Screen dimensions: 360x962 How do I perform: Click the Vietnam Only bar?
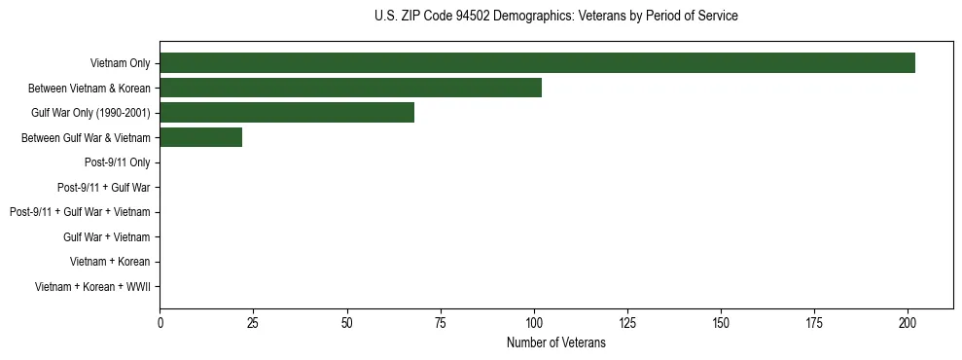point(537,63)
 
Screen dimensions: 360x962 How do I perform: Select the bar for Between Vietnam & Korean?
point(350,88)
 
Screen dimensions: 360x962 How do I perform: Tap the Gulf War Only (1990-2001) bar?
point(287,113)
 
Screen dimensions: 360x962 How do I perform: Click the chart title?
point(555,17)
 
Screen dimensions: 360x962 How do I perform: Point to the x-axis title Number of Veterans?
point(555,342)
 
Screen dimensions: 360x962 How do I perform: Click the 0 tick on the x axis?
point(160,322)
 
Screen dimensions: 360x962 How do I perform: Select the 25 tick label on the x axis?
point(253,322)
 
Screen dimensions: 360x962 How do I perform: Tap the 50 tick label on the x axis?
point(347,322)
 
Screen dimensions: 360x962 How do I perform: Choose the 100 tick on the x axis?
point(534,322)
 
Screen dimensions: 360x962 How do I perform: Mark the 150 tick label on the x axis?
point(721,322)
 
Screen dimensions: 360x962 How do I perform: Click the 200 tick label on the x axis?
point(908,322)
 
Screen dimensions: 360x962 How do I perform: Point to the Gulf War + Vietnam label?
point(106,236)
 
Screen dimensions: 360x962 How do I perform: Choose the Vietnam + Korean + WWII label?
point(92,287)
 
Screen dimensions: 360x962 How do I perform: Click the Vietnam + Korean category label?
point(110,262)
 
